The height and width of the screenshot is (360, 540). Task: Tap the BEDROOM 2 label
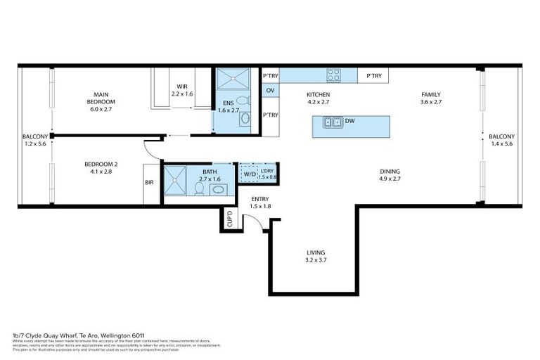89,167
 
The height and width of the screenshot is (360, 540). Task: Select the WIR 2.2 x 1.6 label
181,90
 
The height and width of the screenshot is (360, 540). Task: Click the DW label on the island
349,122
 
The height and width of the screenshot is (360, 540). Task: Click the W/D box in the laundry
250,174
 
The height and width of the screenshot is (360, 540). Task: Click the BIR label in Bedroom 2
149,182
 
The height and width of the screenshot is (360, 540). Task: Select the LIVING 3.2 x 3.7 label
316,256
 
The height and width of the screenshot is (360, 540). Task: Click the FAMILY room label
430,98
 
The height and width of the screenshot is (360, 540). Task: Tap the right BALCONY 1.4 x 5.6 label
501,140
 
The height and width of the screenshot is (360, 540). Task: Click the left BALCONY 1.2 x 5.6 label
34,140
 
